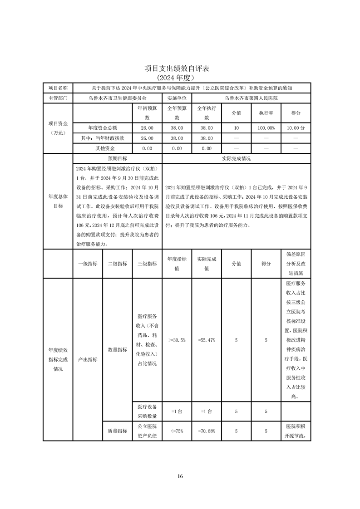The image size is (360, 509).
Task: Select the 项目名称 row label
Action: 58,88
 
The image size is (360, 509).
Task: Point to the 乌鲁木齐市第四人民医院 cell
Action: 251,98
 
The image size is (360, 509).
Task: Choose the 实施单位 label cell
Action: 177,98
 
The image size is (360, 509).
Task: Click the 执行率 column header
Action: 266,113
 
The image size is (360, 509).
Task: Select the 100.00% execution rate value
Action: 266,128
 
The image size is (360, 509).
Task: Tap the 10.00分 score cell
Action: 296,128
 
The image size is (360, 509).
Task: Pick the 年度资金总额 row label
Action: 103,128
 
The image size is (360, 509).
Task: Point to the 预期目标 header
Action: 117,159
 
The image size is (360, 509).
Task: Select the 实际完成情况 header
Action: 236,159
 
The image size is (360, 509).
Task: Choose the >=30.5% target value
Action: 177,340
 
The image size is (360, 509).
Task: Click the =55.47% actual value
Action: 207,340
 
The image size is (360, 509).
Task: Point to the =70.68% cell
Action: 207,431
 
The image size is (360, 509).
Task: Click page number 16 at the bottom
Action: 180,476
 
